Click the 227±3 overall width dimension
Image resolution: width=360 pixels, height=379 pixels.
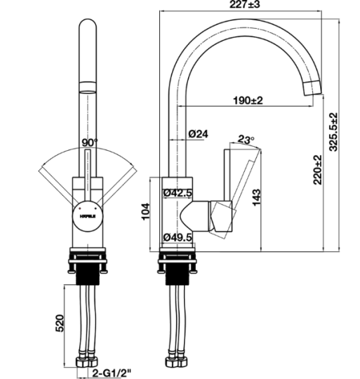pos(248,6)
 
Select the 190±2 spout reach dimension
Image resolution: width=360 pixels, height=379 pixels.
pos(247,100)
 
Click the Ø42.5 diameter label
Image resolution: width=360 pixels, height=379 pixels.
pos(178,193)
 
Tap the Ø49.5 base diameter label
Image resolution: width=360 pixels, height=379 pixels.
pos(178,237)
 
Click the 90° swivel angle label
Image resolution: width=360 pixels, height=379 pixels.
pos(89,142)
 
